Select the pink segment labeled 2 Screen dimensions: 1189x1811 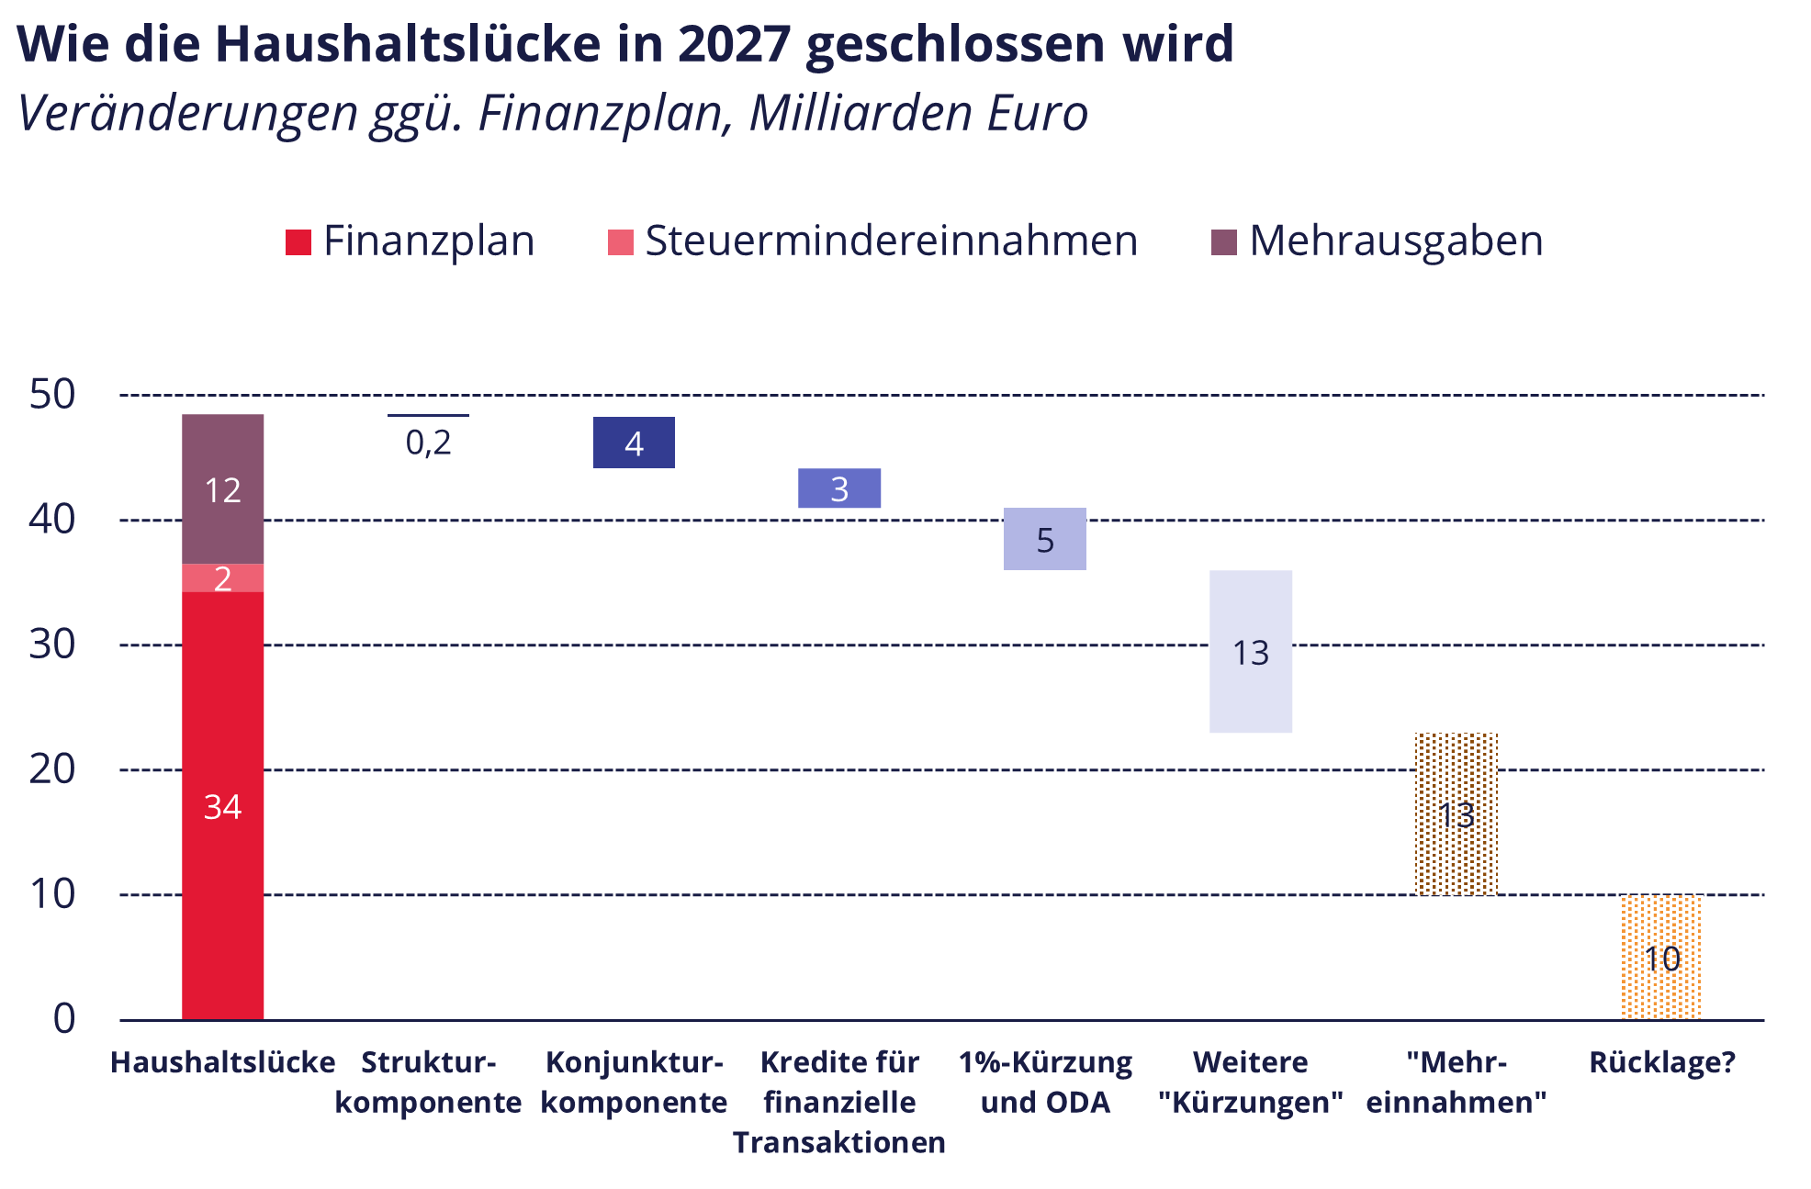pos(222,578)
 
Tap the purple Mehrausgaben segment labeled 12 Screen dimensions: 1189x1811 pos(222,488)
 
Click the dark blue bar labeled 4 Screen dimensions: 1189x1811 pos(634,443)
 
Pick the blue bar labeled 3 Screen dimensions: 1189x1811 pos(838,488)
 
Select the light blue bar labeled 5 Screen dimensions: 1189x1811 pos(1044,539)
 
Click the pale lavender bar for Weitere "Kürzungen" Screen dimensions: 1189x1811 pos(1250,651)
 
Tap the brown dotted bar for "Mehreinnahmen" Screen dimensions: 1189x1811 pos(1456,813)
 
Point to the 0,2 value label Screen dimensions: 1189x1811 pos(428,443)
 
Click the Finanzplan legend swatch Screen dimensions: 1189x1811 pos(298,242)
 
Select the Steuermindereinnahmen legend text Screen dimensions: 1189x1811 pos(891,241)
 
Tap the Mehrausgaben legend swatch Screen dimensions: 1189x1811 pos(1224,242)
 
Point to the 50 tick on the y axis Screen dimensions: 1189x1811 pos(52,395)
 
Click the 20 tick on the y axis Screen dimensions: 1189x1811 pos(52,769)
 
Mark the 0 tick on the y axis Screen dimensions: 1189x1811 pos(64,1018)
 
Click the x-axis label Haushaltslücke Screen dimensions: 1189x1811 pos(222,1062)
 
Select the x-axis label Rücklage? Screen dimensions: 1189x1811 pos(1662,1062)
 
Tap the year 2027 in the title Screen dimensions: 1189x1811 pos(734,43)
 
